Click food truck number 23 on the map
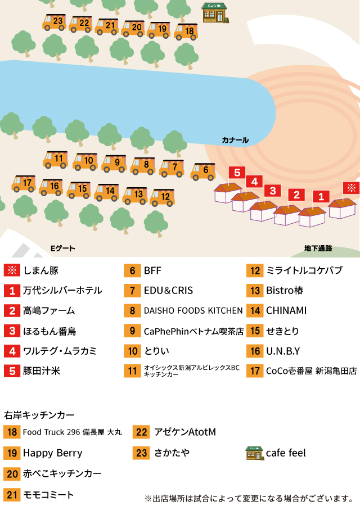pyautogui.click(x=54, y=22)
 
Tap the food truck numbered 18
pyautogui.click(x=186, y=32)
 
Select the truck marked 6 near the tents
pyautogui.click(x=203, y=172)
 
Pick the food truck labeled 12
pyautogui.click(x=163, y=197)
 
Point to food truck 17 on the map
pyautogui.click(x=24, y=184)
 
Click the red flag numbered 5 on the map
pyautogui.click(x=237, y=173)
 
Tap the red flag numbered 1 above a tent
pyautogui.click(x=321, y=197)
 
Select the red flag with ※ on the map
pyautogui.click(x=352, y=188)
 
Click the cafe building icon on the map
pyautogui.click(x=215, y=12)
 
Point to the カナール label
pyautogui.click(x=235, y=140)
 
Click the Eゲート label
pyautogui.click(x=63, y=248)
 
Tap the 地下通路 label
pyautogui.click(x=318, y=248)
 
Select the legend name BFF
pyautogui.click(x=152, y=270)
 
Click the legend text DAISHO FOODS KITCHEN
pyautogui.click(x=193, y=311)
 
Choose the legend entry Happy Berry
pyautogui.click(x=53, y=453)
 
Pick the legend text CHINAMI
pyautogui.click(x=286, y=310)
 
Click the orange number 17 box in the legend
pyautogui.click(x=255, y=371)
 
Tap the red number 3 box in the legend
pyautogui.click(x=12, y=331)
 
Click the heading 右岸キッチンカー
pyautogui.click(x=39, y=415)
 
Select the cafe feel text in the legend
pyautogui.click(x=286, y=453)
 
